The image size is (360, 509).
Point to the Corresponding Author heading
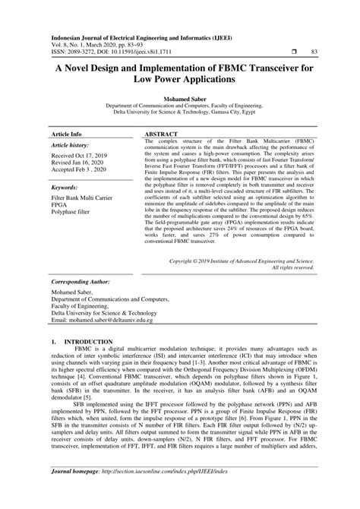[x=83, y=280]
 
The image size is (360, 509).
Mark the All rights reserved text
[x=292, y=268]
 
